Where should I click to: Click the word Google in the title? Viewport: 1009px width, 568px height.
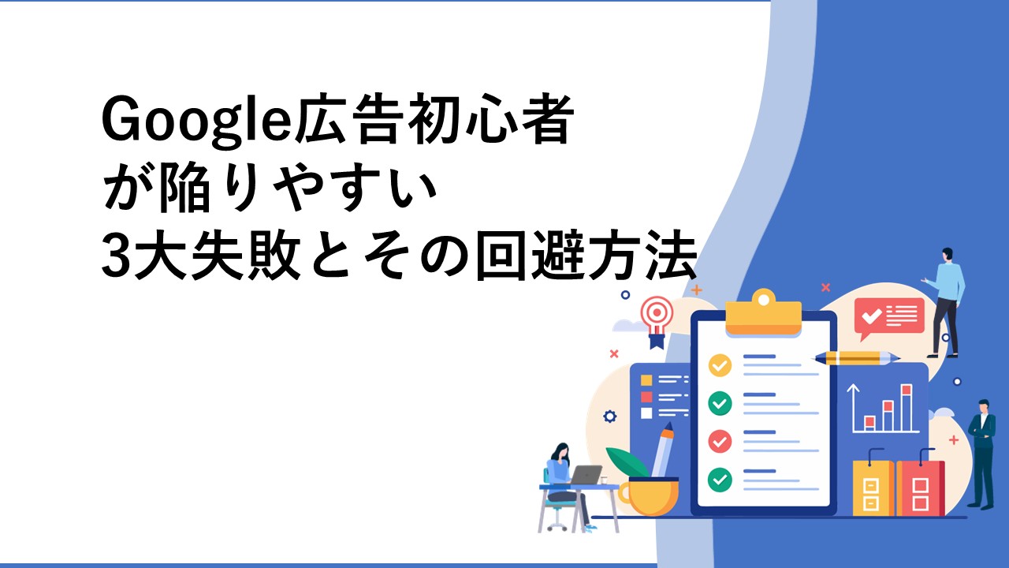pyautogui.click(x=197, y=121)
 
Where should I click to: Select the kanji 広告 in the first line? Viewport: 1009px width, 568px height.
pyautogui.click(x=348, y=118)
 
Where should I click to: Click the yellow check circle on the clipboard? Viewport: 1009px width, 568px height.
pyautogui.click(x=720, y=365)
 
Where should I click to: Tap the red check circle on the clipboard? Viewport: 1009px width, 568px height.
pyautogui.click(x=720, y=441)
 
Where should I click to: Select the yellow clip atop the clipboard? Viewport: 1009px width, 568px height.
pyautogui.click(x=764, y=312)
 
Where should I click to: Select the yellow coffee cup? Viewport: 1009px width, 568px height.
pyautogui.click(x=649, y=496)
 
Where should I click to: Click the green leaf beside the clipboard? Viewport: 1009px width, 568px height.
pyautogui.click(x=626, y=461)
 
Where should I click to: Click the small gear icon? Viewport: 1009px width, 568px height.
pyautogui.click(x=609, y=416)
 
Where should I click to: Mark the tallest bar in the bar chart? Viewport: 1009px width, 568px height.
pyautogui.click(x=907, y=408)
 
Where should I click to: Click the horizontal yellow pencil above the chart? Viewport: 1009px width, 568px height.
pyautogui.click(x=856, y=358)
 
